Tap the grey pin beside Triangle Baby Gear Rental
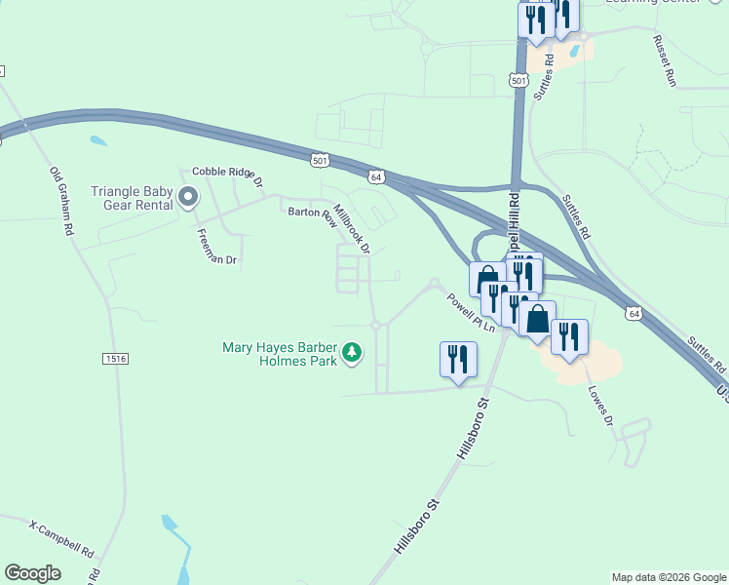coord(189,198)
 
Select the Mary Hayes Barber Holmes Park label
coord(280,353)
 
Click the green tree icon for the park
coord(353,353)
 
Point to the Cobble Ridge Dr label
coord(228,175)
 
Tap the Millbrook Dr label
coord(352,228)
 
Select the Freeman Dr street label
coord(216,247)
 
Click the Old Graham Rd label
coord(62,202)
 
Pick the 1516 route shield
coord(115,360)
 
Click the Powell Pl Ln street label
coord(471,313)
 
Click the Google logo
coord(32,572)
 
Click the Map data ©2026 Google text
coord(669,577)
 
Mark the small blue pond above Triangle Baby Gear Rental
coord(97,140)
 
